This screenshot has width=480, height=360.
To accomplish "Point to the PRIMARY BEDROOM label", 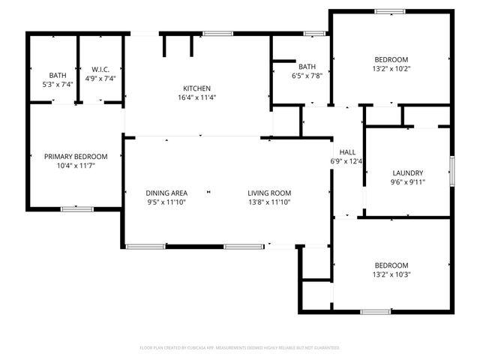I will click(x=75, y=156).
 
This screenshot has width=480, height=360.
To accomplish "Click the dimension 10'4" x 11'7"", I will click(x=75, y=165).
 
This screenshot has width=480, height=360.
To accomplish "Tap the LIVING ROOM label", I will click(x=268, y=193).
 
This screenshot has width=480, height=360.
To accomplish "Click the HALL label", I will click(x=346, y=151).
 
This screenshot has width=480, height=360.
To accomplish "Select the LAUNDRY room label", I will click(x=407, y=172).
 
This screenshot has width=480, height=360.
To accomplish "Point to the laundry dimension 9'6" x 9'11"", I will click(x=407, y=181).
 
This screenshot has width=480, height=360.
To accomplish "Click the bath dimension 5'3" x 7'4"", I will click(x=57, y=85).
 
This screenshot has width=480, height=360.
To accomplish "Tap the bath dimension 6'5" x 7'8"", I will click(x=306, y=76).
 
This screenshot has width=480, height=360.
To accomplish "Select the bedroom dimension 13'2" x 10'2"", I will click(x=391, y=70).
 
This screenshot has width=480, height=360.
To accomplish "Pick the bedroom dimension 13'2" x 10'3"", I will click(x=391, y=274).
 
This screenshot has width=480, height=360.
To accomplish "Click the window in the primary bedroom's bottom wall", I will click(x=76, y=208).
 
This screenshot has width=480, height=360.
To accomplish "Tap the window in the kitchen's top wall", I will click(x=217, y=33).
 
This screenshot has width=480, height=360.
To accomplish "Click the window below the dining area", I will click(x=145, y=246).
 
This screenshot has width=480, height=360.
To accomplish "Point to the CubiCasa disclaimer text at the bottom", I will click(x=240, y=348).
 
